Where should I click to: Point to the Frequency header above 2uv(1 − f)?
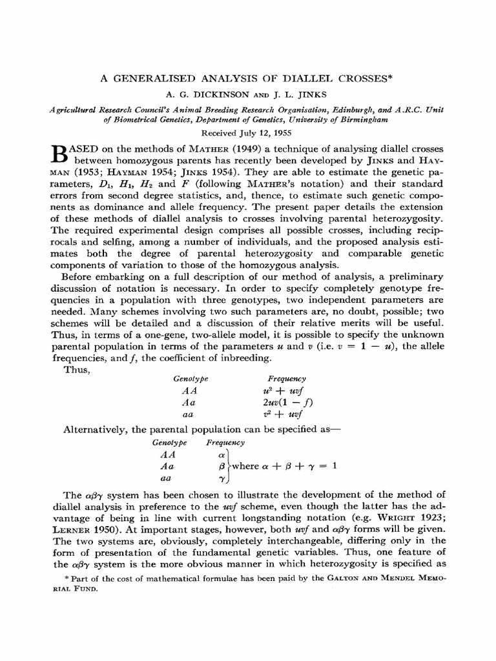tap(286, 379)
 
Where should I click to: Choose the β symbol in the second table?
tap(222, 465)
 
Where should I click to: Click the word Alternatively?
tap(95, 429)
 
